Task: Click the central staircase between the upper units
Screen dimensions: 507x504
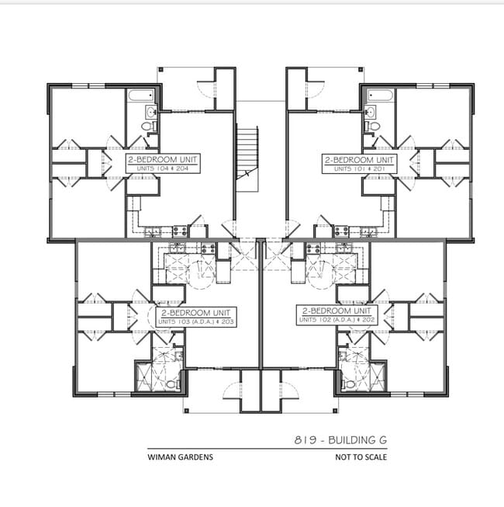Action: tap(247, 151)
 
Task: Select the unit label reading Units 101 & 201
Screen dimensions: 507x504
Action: tap(358, 163)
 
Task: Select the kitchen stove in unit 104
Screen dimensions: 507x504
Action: tap(179, 231)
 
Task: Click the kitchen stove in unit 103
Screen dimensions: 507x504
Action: tap(207, 249)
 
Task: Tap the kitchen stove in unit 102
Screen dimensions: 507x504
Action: tap(314, 249)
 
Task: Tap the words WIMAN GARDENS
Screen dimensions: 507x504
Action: tap(180, 457)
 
